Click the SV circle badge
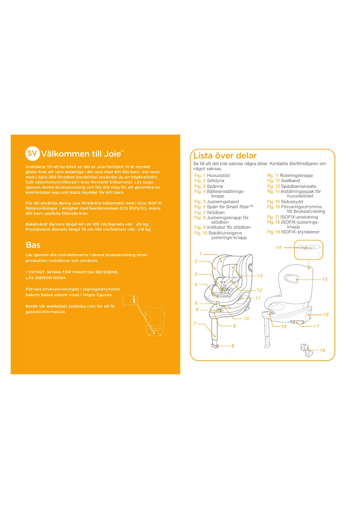[x=32, y=153]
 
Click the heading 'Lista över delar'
[x=225, y=156]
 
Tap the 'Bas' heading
[x=33, y=245]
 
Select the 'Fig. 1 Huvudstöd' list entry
[x=212, y=176]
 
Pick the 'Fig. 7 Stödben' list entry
[x=209, y=212]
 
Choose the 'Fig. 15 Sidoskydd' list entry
[x=285, y=202]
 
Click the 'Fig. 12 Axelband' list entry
[x=283, y=181]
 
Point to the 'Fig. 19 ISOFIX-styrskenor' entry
[x=293, y=232]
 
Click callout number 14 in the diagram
[x=278, y=248]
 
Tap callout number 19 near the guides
[x=323, y=350]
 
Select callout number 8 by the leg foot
[x=233, y=346]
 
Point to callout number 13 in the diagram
[x=260, y=276]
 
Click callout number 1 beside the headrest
[x=200, y=254]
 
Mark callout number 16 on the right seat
[x=326, y=315]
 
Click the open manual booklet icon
[x=130, y=300]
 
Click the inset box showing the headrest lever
[x=309, y=250]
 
